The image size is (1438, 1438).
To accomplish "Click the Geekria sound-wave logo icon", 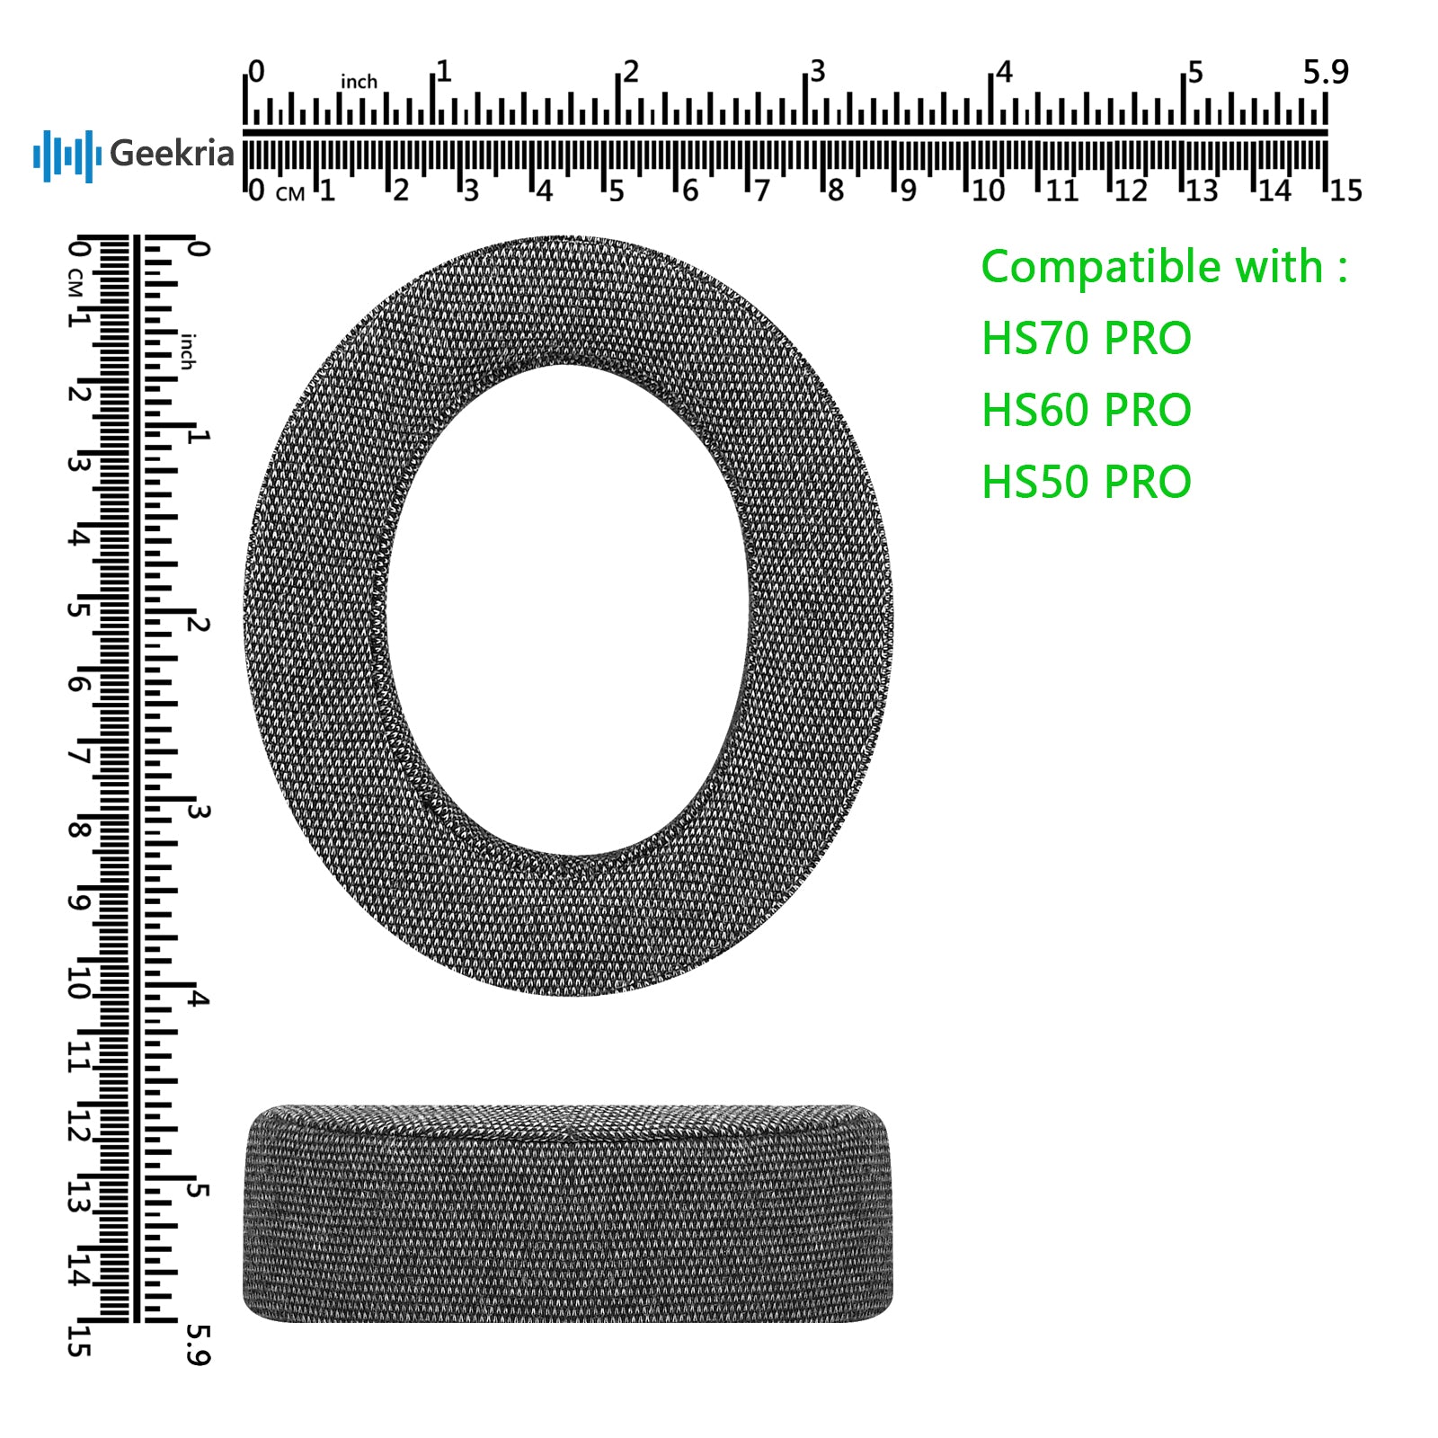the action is pos(67,155).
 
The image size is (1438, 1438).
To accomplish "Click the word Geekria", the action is pos(172,154).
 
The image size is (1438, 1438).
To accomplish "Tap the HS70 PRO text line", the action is pos(1086,339).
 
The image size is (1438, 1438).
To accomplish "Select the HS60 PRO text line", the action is pos(1086,411).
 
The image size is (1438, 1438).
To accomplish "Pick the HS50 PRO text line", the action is pos(1086,483).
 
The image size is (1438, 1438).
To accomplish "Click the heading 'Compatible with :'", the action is pos(1164,267).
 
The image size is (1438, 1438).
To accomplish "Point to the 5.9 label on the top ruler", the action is pos(1326,72).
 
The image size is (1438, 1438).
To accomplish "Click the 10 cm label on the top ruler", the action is pos(988,191).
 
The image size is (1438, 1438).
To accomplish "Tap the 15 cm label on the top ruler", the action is pos(1345,191).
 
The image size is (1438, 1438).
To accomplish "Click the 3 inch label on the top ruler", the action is pos(817,72).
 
